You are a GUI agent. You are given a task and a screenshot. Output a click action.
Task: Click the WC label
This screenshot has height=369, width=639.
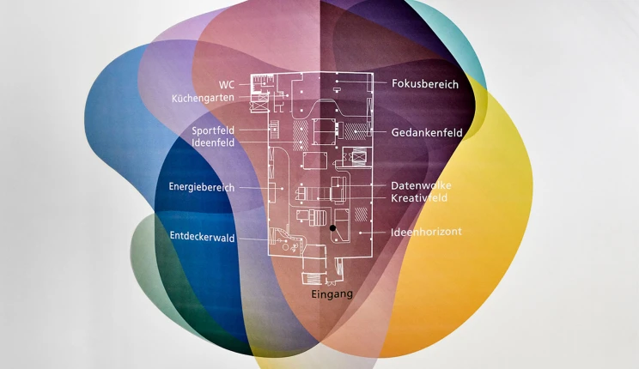coord(227,84)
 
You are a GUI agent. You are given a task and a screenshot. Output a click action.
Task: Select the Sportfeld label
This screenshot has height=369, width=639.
coord(213,130)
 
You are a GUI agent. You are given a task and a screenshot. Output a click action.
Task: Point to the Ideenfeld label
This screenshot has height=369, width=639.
coord(213,142)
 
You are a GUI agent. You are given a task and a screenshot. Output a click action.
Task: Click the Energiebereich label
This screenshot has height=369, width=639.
coord(201,187)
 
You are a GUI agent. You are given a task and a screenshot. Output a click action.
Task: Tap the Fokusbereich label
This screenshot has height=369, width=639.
coord(425,84)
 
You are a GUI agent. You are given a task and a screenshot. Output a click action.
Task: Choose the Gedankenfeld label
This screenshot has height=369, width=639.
coord(427,133)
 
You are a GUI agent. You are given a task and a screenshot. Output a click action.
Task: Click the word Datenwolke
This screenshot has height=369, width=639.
coord(421,185)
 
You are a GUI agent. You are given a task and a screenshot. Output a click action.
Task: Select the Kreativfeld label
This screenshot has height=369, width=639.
coord(419,198)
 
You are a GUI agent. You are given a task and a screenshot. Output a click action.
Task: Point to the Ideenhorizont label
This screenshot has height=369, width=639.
coord(426,232)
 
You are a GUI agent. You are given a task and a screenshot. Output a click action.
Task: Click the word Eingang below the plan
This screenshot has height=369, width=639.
coord(332,293)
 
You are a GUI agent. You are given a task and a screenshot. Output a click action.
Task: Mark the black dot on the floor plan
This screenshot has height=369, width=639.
coord(332,228)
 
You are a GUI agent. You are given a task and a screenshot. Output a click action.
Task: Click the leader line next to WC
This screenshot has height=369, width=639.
coord(243,84)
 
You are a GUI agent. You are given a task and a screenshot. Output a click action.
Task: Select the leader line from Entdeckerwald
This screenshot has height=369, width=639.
coord(253,238)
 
